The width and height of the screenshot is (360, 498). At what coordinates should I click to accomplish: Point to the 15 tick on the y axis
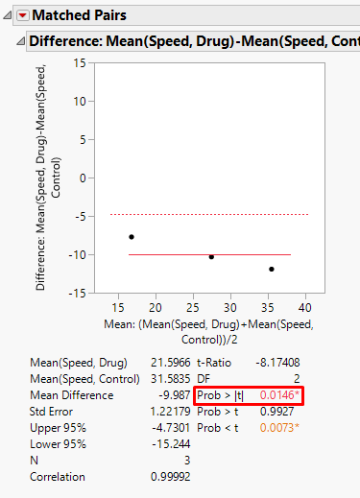click(x=80, y=62)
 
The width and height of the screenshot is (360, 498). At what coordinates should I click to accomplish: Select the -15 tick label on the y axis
click(x=77, y=293)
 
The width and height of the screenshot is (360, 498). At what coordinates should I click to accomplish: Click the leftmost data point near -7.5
click(x=132, y=236)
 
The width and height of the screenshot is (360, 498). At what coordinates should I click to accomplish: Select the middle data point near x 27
click(x=212, y=256)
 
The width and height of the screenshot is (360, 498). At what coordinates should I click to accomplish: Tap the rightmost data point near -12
click(x=272, y=269)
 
